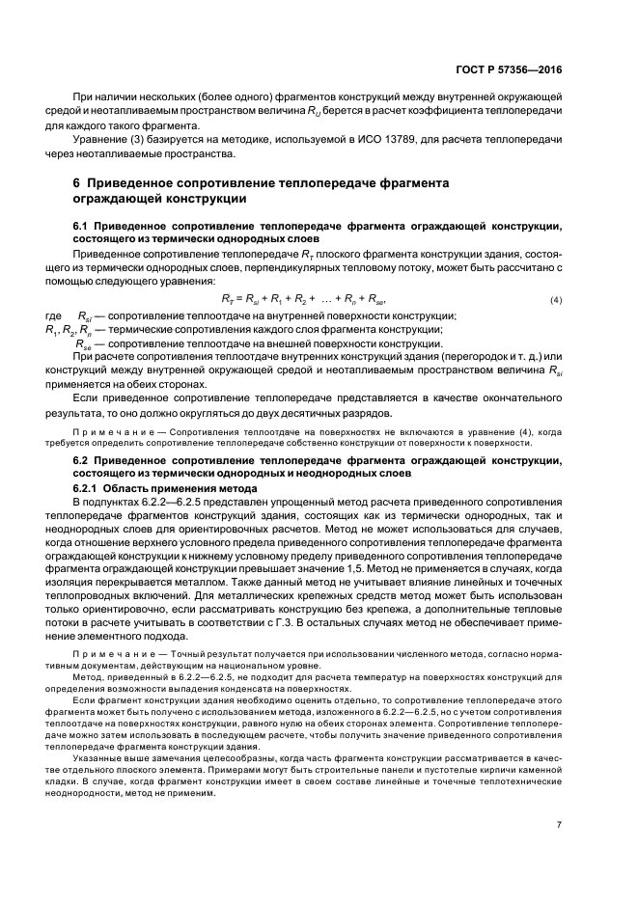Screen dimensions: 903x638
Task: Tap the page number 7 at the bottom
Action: pos(560,852)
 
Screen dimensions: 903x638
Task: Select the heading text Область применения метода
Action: pos(177,486)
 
